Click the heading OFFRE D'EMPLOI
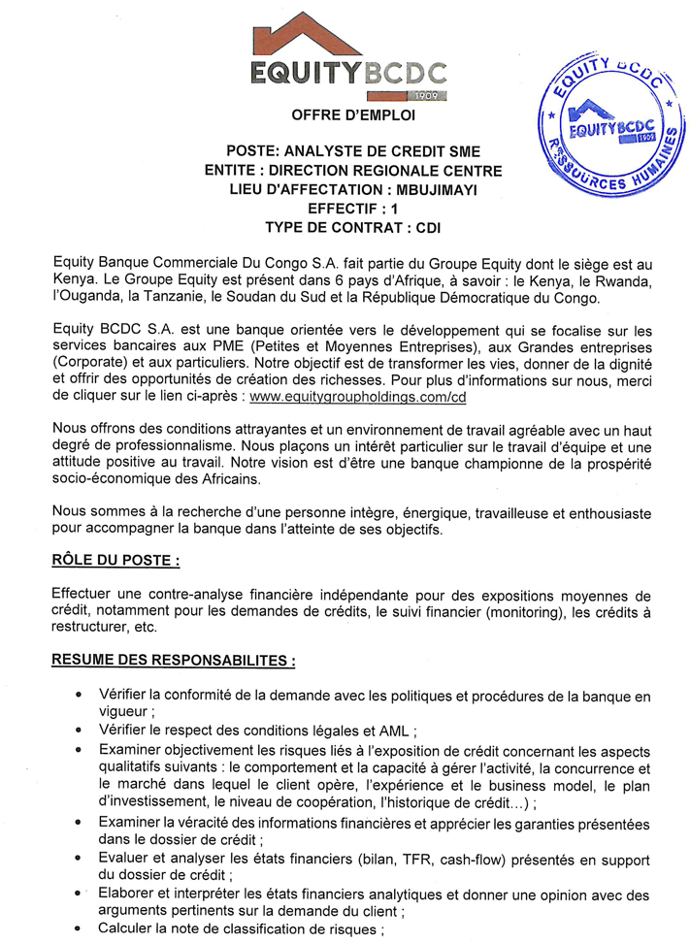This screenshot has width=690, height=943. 352,115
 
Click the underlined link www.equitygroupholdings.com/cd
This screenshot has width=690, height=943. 358,397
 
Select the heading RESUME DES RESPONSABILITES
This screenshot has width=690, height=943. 174,660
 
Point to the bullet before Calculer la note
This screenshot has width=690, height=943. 78,927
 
